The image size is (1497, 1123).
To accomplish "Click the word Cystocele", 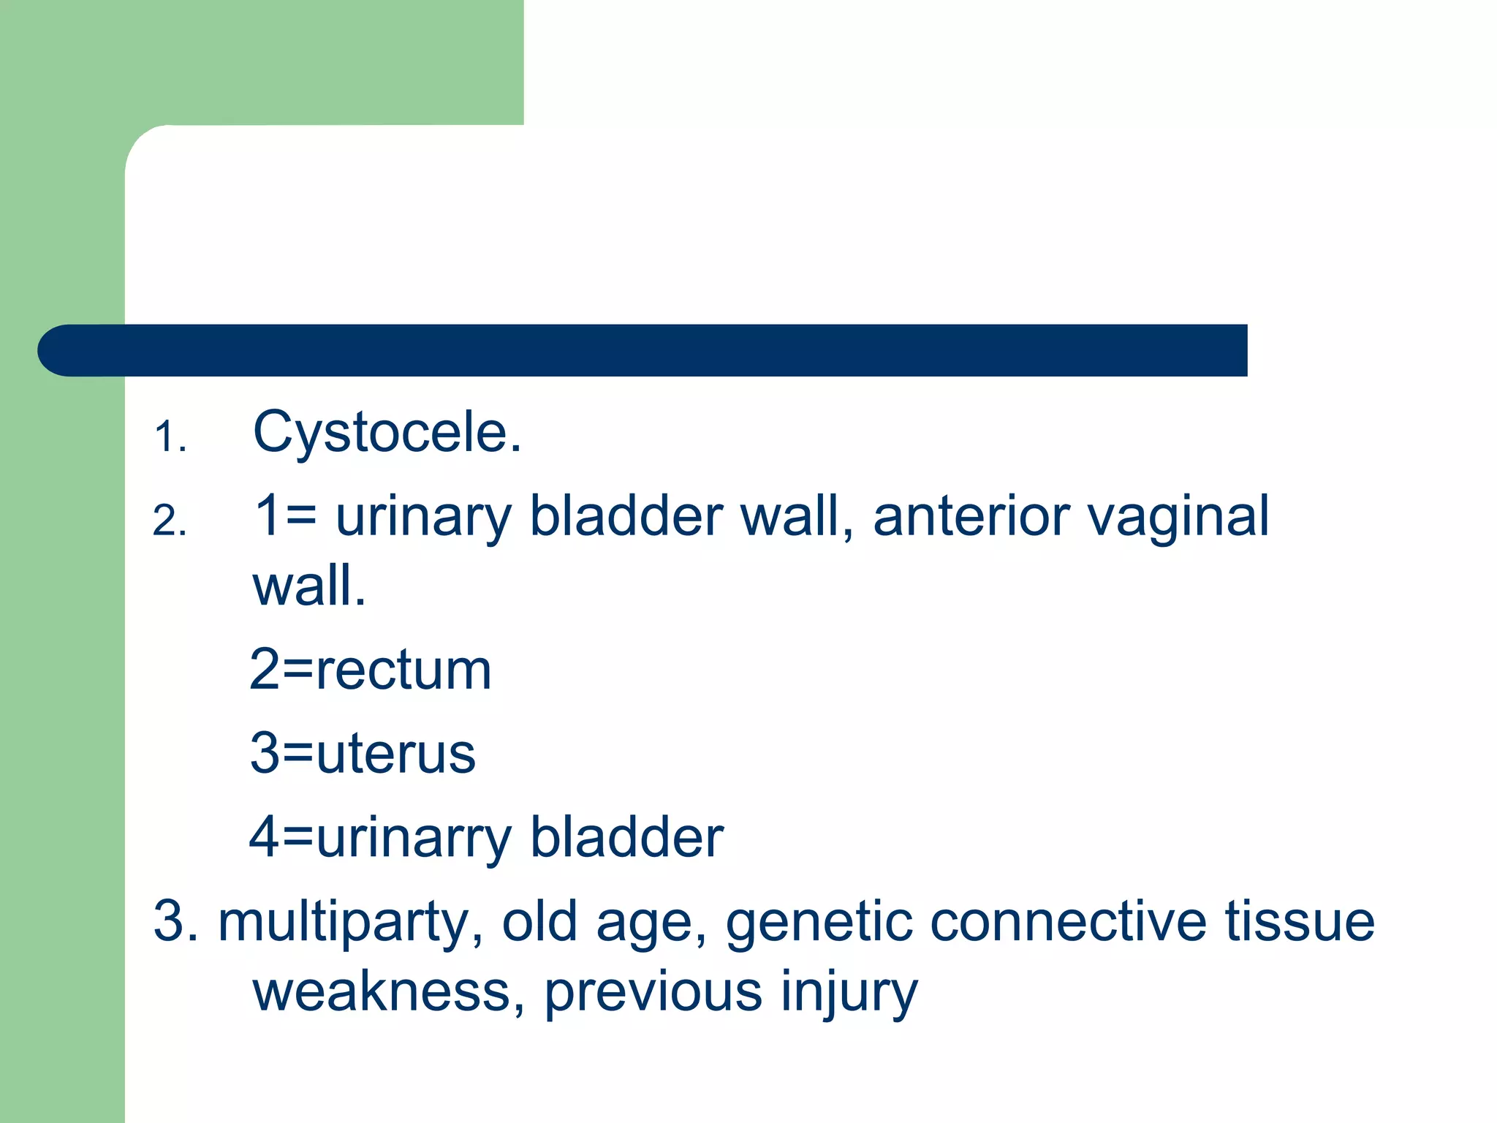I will [x=387, y=433].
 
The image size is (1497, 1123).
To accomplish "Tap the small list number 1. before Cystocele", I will [x=170, y=438].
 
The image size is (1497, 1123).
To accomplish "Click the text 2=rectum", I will [x=371, y=670].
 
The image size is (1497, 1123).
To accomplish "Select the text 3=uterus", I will [x=363, y=753].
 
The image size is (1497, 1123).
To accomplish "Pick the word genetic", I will [x=819, y=923].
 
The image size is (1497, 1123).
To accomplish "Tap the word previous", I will [x=653, y=993].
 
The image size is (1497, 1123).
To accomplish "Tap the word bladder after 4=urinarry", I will [x=626, y=838].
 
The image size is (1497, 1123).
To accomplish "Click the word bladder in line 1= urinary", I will [x=626, y=516].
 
